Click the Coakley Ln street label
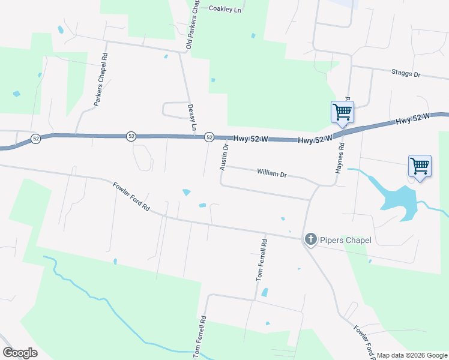(224, 9)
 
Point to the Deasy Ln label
(193, 116)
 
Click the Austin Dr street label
(224, 157)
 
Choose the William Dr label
(272, 173)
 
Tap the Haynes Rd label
(340, 158)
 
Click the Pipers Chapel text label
(345, 241)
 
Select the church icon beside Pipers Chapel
(311, 240)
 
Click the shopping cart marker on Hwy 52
(342, 111)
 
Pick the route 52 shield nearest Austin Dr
(209, 137)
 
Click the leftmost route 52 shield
(36, 139)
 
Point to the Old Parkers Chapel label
(193, 25)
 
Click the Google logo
(20, 353)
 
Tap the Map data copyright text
(412, 355)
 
